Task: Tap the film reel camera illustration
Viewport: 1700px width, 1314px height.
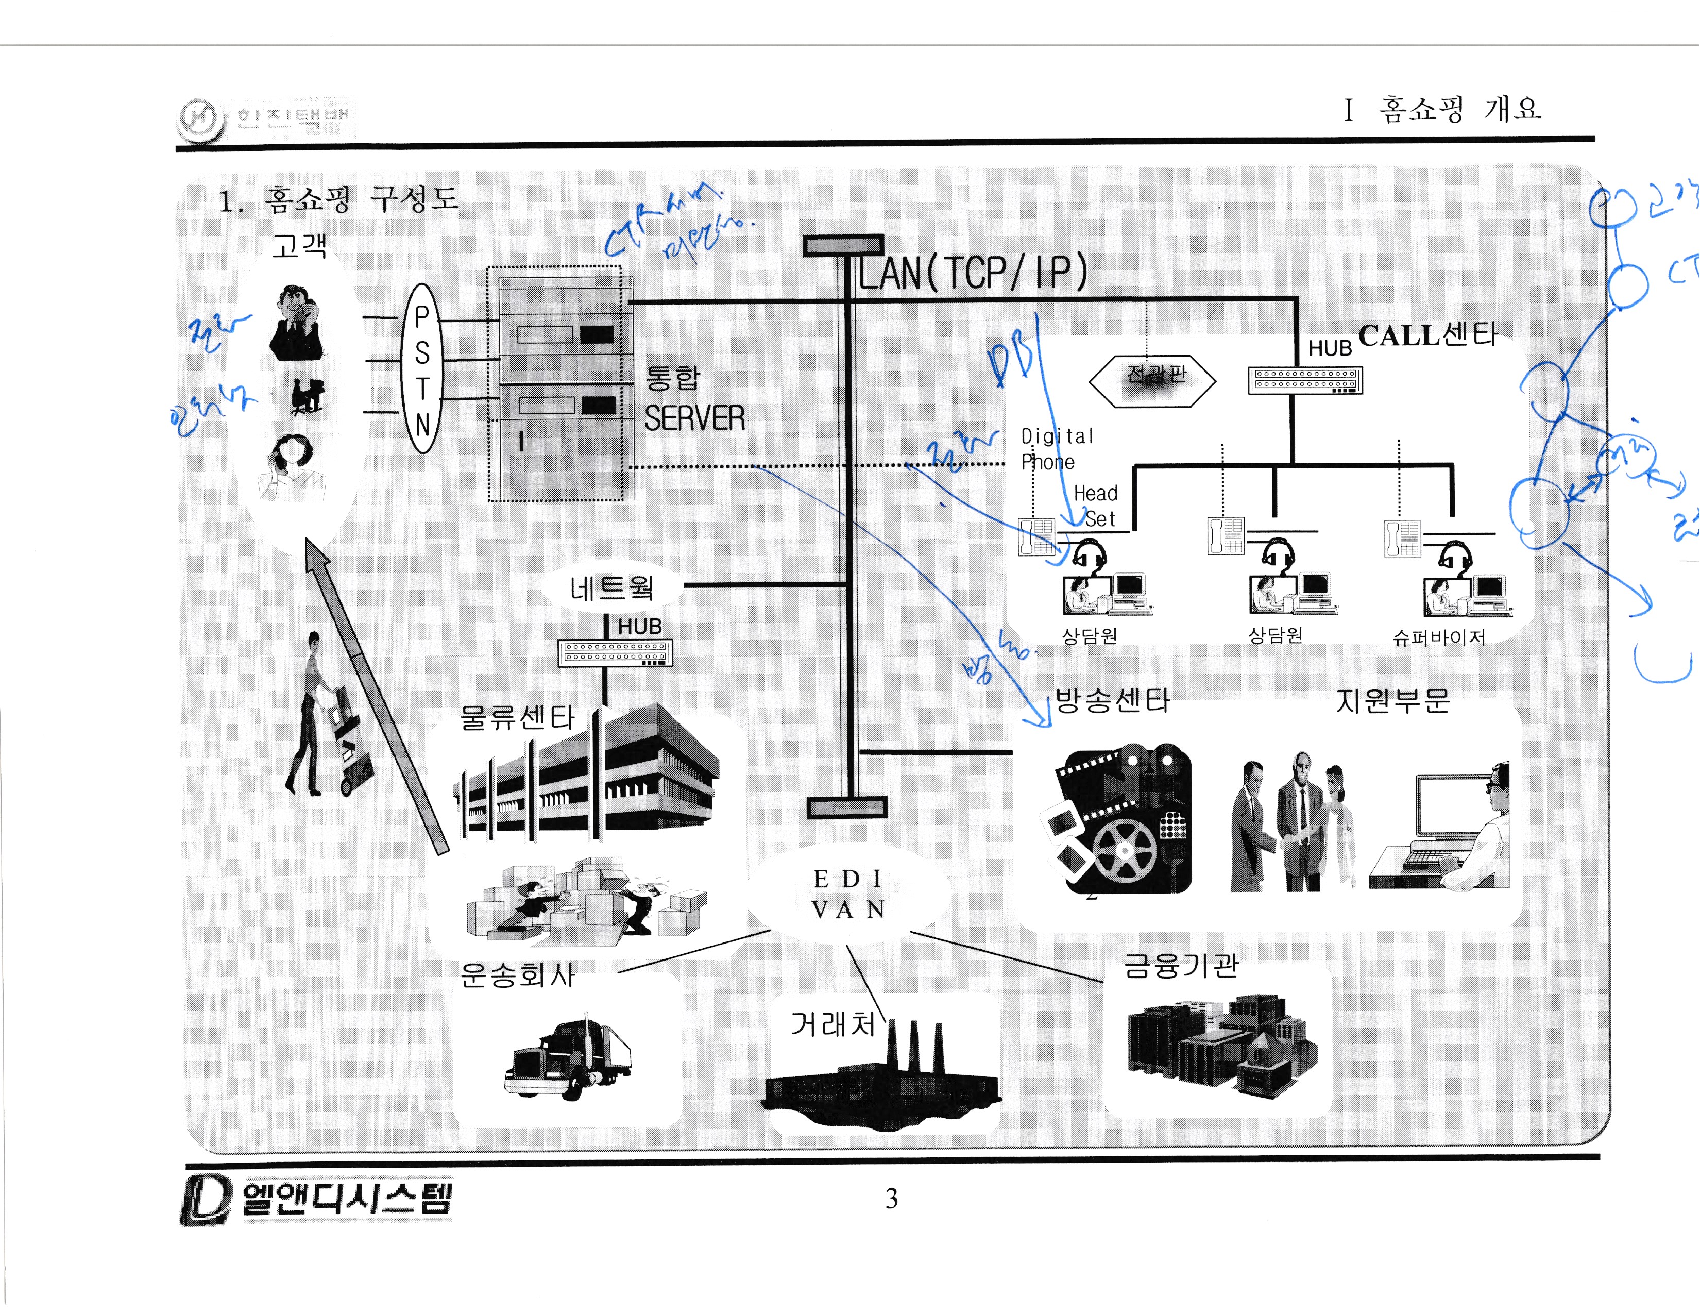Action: (x=1116, y=821)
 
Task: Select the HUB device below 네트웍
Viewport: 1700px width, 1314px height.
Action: (x=616, y=652)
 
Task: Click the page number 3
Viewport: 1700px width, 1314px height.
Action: (x=891, y=1198)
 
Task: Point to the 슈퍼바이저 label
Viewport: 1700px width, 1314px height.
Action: (x=1438, y=637)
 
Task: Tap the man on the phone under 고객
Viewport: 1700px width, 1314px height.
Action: (x=295, y=324)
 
